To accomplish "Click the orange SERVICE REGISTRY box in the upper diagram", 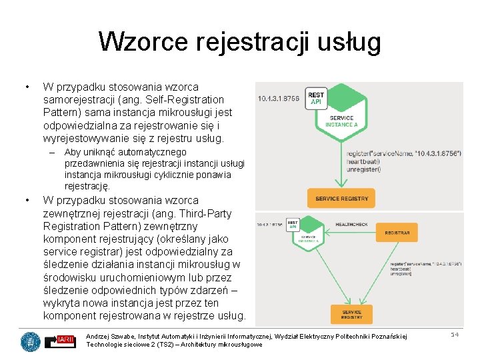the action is (x=341, y=198).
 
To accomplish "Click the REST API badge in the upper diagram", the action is (x=316, y=99).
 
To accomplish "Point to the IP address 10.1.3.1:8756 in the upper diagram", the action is (x=278, y=99).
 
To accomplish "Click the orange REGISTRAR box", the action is (x=397, y=232).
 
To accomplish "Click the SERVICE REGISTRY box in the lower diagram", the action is (x=351, y=313).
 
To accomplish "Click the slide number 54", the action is (x=455, y=335).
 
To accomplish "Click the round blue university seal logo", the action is (x=30, y=341).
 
